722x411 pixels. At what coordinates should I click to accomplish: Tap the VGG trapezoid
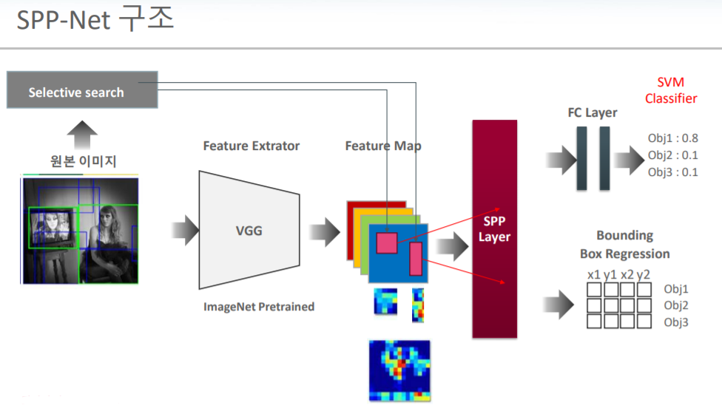pyautogui.click(x=249, y=230)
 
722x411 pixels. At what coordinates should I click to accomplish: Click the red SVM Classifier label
pyautogui.click(x=671, y=91)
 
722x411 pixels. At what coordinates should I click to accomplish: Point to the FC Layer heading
pyautogui.click(x=592, y=113)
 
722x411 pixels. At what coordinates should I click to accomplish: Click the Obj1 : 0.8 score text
pyautogui.click(x=672, y=138)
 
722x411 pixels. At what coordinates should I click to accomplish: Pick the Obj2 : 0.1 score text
pyautogui.click(x=672, y=155)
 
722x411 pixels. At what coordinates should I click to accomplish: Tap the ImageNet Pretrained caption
pyautogui.click(x=259, y=306)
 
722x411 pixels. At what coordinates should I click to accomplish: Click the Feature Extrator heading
pyautogui.click(x=252, y=146)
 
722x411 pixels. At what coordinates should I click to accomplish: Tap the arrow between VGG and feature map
pyautogui.click(x=323, y=231)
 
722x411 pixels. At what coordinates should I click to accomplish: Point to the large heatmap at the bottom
pyautogui.click(x=399, y=370)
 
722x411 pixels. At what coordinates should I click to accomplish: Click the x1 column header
pyautogui.click(x=593, y=275)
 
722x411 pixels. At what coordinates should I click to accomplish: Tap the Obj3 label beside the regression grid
pyautogui.click(x=676, y=322)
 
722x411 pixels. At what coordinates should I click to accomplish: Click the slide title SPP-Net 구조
pyautogui.click(x=95, y=20)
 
